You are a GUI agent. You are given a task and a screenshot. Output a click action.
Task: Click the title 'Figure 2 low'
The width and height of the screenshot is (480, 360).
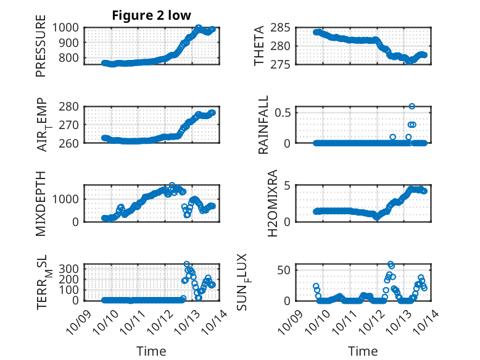[x=151, y=15]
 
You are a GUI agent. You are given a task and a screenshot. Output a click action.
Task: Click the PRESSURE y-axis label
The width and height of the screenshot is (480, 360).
[x=41, y=50]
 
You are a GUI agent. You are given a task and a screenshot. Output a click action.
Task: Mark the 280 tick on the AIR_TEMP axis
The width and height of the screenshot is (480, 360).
[x=69, y=106]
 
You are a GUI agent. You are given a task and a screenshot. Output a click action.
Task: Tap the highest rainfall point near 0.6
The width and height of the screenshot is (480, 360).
[x=412, y=106]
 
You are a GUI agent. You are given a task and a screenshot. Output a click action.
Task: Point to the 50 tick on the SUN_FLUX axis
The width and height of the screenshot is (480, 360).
[x=284, y=270]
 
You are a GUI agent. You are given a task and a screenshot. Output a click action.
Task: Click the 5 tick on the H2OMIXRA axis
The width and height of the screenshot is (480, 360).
[x=288, y=185]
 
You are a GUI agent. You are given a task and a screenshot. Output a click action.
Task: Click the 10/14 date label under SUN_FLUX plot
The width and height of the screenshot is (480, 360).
[x=429, y=318]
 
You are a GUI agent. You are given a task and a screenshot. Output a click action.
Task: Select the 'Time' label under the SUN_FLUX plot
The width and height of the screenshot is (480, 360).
[x=363, y=351]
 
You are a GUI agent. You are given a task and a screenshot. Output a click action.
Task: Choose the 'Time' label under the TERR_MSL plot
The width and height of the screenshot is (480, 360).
[x=151, y=351]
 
